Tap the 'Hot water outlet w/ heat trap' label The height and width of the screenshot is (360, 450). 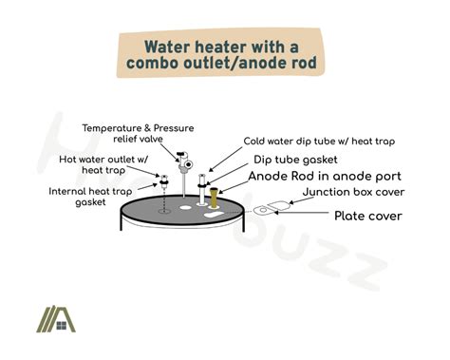click(96, 165)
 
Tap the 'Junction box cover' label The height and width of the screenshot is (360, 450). click(353, 193)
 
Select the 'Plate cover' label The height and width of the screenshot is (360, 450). click(368, 217)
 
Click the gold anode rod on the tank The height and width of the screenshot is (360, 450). click(216, 199)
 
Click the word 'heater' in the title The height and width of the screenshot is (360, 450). click(234, 47)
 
